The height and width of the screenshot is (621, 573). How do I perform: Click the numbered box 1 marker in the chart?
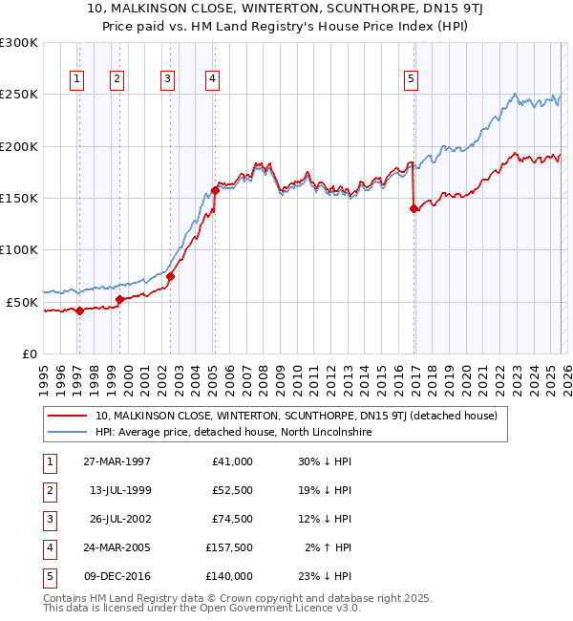[75, 79]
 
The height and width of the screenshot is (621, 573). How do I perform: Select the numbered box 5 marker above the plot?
[411, 79]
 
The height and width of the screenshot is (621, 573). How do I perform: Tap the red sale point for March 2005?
[215, 190]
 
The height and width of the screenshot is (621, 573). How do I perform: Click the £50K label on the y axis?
[23, 302]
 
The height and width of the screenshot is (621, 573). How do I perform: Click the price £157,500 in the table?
[229, 548]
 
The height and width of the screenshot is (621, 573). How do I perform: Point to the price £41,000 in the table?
[233, 461]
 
